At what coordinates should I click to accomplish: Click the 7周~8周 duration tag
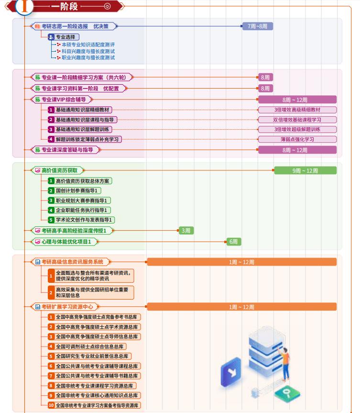tap(257, 26)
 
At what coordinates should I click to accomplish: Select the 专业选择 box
tap(63, 37)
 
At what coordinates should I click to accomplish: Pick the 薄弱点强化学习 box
tap(297, 139)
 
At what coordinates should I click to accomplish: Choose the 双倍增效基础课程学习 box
tap(297, 120)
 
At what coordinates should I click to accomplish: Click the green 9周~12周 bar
tap(305, 170)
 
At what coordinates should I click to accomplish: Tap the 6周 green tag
tap(233, 242)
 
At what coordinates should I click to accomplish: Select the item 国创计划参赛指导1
tap(78, 190)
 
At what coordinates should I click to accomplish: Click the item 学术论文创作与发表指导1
tap(84, 220)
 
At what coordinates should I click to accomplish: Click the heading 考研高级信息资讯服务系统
tap(72, 262)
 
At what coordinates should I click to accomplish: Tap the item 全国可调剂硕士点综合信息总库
tap(91, 346)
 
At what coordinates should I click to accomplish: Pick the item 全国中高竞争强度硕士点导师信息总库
tap(97, 336)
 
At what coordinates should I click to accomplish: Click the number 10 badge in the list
tap(51, 405)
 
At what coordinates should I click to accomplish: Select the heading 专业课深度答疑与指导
tap(67, 150)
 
